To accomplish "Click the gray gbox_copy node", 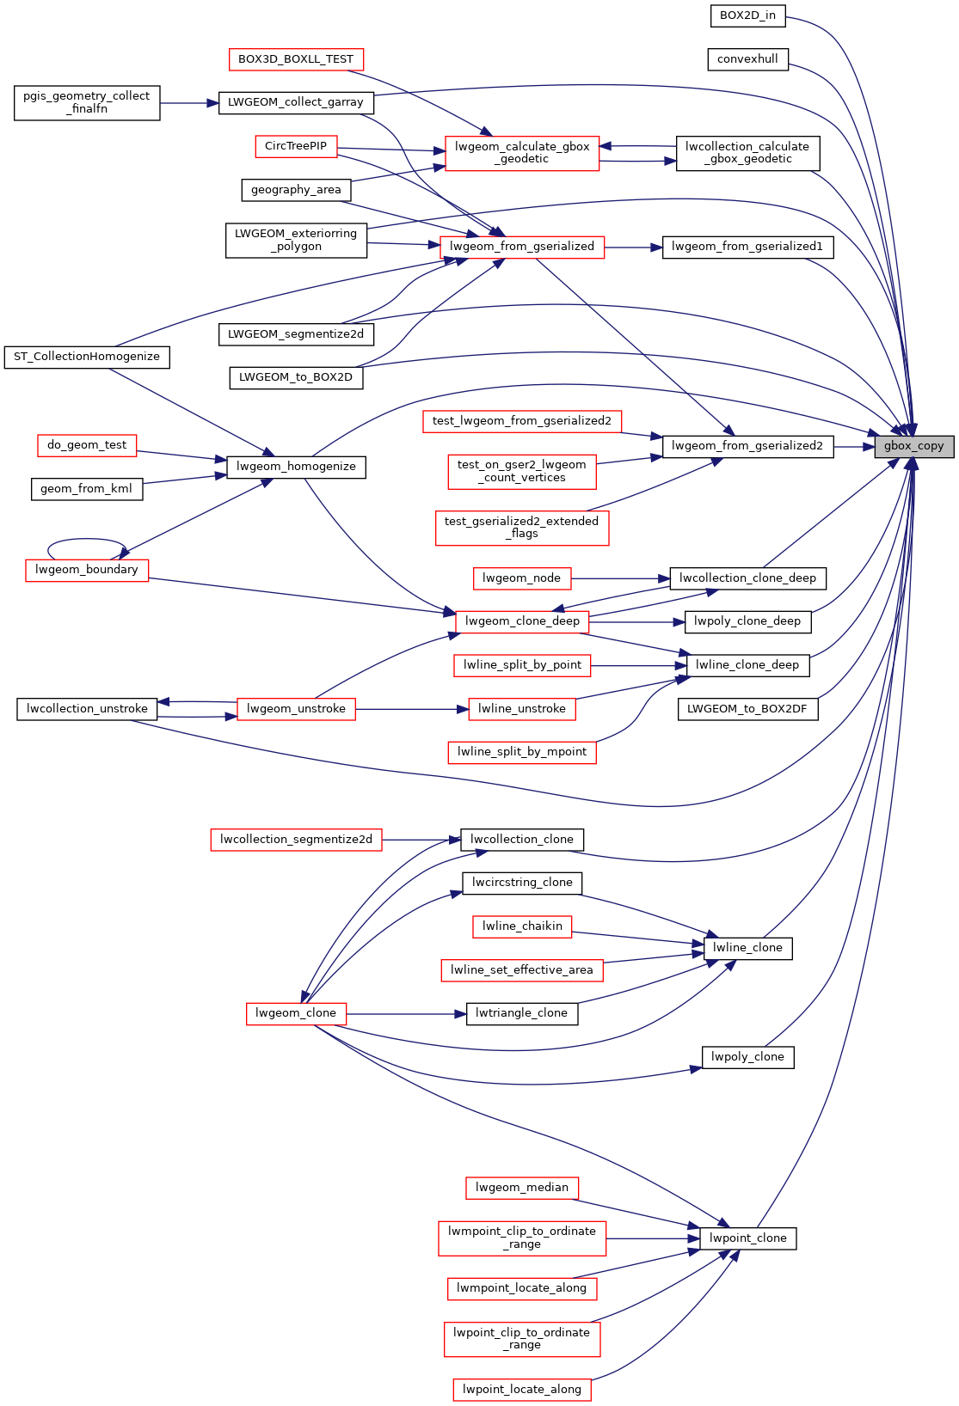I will pos(913,446).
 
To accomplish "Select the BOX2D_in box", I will pos(747,15).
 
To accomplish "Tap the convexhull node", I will pos(747,59).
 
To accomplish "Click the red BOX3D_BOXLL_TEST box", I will pos(296,59).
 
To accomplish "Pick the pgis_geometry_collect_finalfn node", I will pos(87,102).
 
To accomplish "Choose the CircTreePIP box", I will pos(296,146).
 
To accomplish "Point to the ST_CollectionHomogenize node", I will pos(87,357).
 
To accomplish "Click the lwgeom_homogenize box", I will pos(296,467).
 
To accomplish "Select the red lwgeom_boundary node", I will pos(87,570).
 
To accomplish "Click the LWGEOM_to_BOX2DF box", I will pos(747,709).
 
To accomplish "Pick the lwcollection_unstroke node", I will pos(87,709).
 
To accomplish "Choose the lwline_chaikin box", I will pos(522,926).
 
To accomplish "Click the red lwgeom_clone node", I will pos(296,1013).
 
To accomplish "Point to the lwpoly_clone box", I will pos(747,1057).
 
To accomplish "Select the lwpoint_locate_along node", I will pos(522,1390).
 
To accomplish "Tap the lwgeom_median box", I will pos(522,1188).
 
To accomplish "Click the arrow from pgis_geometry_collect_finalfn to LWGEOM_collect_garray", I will pos(189,103).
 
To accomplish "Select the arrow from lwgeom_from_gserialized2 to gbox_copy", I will pos(853,447).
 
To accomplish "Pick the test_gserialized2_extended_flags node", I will pos(522,528).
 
